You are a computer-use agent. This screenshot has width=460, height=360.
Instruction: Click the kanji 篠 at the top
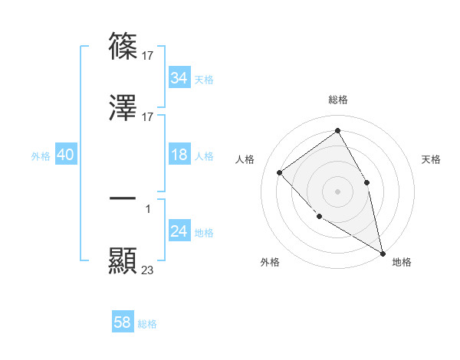tap(123, 47)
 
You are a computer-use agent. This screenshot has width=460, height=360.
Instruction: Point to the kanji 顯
tap(123, 260)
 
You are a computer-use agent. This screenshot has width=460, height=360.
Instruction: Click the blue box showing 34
tap(179, 78)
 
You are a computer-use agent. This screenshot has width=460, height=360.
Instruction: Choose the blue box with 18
tap(179, 155)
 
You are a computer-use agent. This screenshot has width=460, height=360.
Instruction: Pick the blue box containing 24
tap(179, 232)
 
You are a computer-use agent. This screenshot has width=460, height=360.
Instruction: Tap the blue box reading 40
tap(65, 155)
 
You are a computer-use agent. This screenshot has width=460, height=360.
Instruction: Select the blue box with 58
tap(123, 323)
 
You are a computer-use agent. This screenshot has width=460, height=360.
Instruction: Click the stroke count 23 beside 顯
tap(148, 270)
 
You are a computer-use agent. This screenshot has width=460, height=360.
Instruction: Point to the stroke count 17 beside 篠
tap(148, 55)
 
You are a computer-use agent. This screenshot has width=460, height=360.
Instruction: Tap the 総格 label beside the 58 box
tap(147, 324)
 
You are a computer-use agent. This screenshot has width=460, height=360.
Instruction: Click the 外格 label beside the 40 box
tap(41, 156)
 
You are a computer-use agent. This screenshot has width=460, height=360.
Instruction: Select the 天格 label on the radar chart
tap(431, 159)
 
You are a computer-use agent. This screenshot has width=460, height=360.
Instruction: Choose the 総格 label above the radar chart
tap(337, 100)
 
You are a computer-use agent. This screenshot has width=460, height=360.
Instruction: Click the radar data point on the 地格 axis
tap(382, 253)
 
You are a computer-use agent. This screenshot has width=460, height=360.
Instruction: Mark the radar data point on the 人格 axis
tap(280, 172)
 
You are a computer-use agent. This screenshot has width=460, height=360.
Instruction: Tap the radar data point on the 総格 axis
tap(337, 131)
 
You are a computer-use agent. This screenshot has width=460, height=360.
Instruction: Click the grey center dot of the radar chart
tap(337, 191)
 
